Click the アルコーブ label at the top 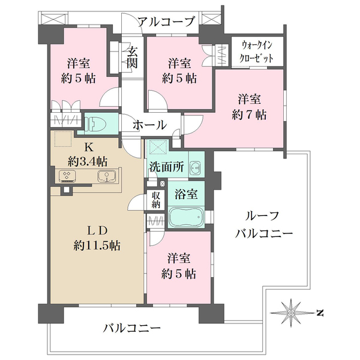tap(166, 23)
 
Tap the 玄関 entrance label tap(132, 58)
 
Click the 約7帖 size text tap(250, 113)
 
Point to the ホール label tap(149, 125)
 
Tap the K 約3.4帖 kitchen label tap(88, 154)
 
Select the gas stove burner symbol tap(67, 176)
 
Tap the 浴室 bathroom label tap(186, 194)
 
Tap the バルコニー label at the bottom tap(131, 328)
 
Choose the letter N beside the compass tap(320, 313)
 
